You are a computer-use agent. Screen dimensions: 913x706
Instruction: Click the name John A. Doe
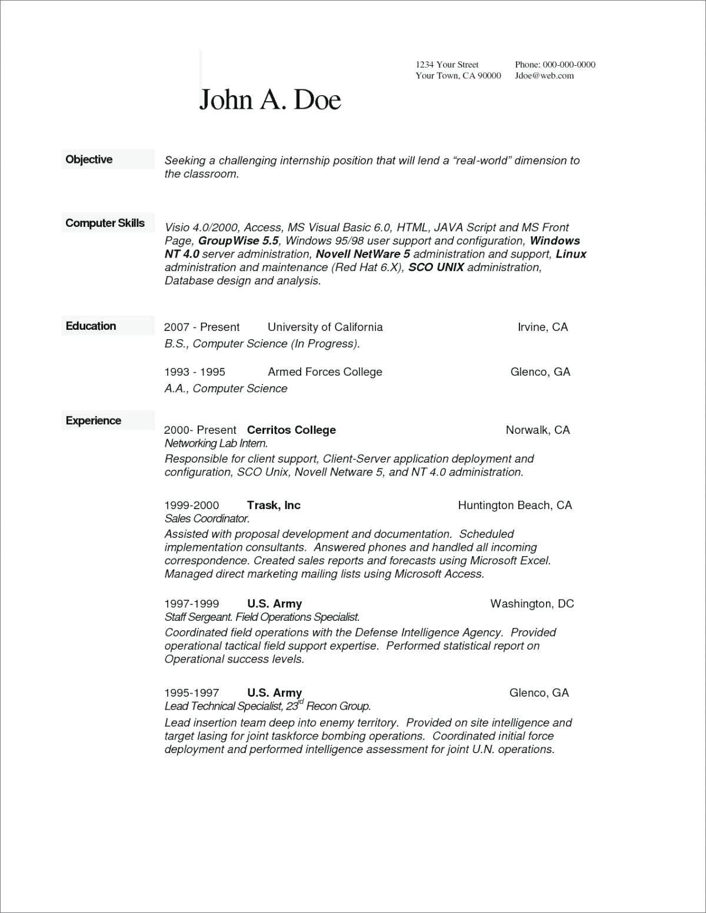click(x=270, y=99)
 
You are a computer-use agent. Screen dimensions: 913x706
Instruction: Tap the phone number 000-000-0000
click(x=569, y=65)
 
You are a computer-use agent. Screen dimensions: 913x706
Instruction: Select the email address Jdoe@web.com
click(x=544, y=76)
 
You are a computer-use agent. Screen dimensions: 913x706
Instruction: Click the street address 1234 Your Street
click(x=447, y=65)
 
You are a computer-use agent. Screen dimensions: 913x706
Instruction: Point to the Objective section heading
click(x=89, y=159)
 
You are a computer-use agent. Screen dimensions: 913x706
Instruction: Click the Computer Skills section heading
click(x=105, y=223)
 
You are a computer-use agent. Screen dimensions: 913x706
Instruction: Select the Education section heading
click(x=91, y=326)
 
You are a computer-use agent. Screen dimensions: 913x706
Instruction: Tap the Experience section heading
click(x=93, y=420)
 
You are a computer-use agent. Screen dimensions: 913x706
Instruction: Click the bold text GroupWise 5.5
click(x=238, y=240)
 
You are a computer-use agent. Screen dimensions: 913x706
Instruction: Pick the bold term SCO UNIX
click(x=436, y=267)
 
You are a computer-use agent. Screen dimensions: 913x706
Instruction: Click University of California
click(x=325, y=327)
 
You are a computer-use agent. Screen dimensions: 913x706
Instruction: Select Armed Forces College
click(x=325, y=372)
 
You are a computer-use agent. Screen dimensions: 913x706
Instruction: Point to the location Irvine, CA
click(x=542, y=327)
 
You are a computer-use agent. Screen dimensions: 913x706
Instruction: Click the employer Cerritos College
click(x=291, y=430)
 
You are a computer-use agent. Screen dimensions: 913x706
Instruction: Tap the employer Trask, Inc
click(x=274, y=505)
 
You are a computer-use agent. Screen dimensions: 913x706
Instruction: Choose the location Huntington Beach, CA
click(x=515, y=505)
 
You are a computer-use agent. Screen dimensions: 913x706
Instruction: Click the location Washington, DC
click(x=532, y=603)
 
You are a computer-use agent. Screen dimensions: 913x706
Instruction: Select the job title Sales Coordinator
click(x=207, y=519)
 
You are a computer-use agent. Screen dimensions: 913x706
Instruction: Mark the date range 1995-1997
click(x=192, y=693)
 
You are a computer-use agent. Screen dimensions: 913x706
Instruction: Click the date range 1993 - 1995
click(x=195, y=372)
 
